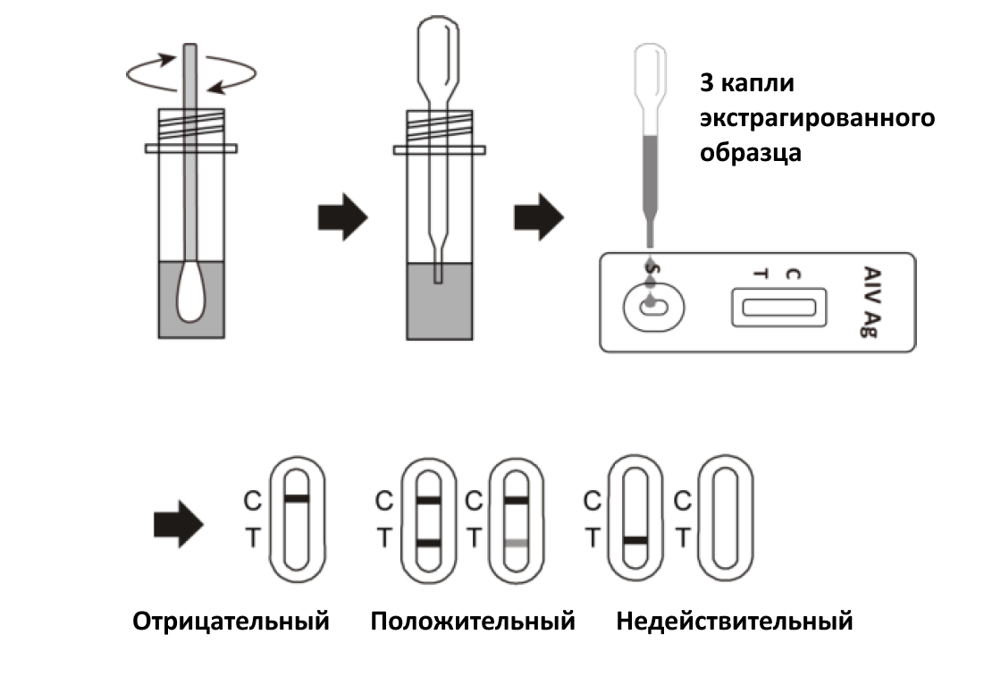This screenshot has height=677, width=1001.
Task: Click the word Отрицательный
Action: tap(231, 621)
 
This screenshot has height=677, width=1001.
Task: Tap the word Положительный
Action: tap(473, 621)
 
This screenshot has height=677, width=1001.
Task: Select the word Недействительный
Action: tap(734, 621)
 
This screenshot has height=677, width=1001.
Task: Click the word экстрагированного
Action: tap(817, 118)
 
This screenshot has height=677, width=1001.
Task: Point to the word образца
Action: tap(751, 152)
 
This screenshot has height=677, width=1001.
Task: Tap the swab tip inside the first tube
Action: tap(190, 293)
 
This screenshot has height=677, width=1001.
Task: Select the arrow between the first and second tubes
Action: tap(343, 217)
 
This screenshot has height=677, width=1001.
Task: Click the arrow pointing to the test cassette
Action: tap(538, 217)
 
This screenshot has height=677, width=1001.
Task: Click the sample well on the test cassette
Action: tap(653, 307)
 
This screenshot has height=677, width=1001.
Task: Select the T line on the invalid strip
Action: tap(635, 540)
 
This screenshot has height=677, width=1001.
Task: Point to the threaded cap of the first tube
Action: tap(190, 123)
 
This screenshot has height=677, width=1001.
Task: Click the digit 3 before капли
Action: tap(706, 84)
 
